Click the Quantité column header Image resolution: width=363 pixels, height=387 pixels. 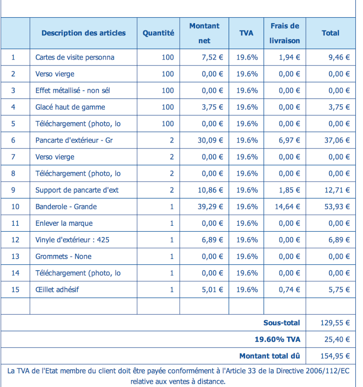tap(158, 33)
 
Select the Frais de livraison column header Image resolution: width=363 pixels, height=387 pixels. tap(285, 33)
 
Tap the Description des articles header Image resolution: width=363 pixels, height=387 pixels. tap(83, 33)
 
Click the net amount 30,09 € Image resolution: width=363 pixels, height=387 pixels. tap(211, 140)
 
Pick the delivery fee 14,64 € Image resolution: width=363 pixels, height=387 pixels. tap(288, 207)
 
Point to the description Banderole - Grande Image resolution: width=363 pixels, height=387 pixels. tap(66, 207)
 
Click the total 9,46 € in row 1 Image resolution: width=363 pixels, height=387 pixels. tap(339, 57)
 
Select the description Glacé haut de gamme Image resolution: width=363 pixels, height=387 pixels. tap(70, 107)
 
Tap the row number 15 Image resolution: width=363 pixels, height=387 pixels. tap(15, 289)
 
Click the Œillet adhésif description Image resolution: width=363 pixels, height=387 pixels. tap(57, 289)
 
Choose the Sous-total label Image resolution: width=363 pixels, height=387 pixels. tap(282, 323)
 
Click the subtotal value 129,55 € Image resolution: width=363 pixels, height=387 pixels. tap(335, 323)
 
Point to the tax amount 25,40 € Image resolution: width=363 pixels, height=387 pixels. tap(337, 339)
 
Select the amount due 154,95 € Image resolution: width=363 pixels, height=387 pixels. tap(335, 356)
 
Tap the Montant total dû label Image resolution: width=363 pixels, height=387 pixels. tap(270, 356)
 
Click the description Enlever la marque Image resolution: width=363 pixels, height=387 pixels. tap(64, 223)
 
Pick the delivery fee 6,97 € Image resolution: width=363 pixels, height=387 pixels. tap(289, 140)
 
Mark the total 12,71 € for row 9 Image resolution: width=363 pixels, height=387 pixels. tap(337, 190)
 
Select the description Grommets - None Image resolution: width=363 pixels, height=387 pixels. tap(64, 257)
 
